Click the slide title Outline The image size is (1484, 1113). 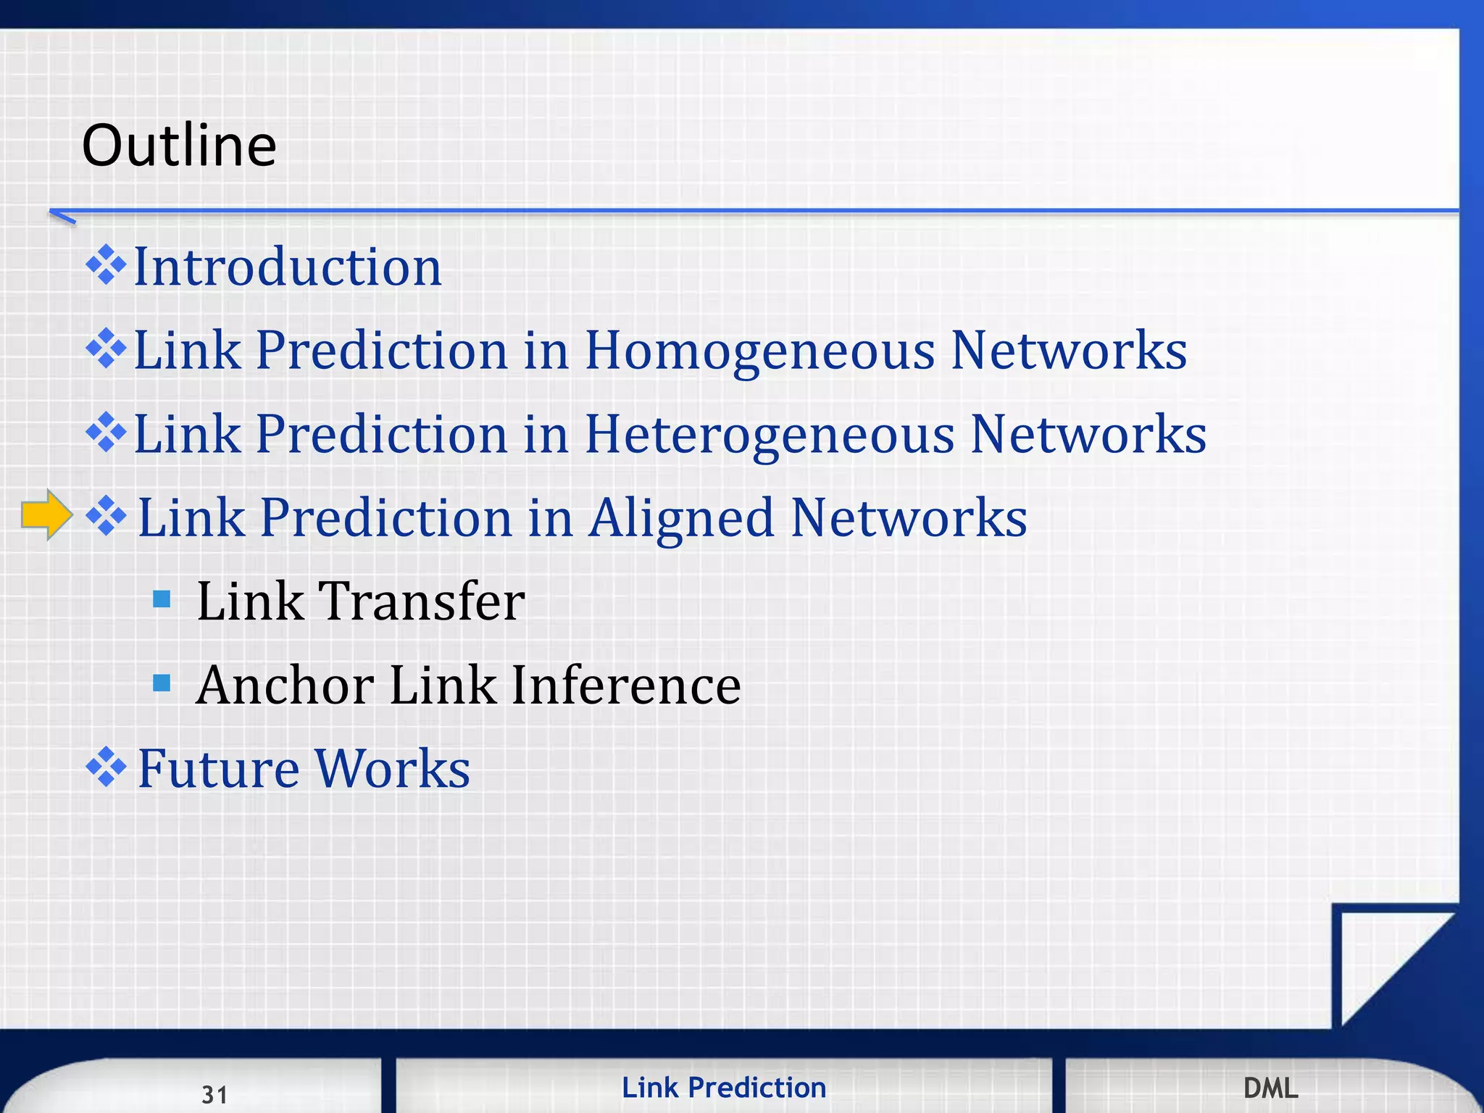(x=179, y=145)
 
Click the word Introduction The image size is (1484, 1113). (x=288, y=267)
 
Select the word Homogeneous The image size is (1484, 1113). (x=759, y=351)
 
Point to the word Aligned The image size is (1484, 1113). (x=680, y=519)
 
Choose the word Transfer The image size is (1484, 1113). (x=422, y=601)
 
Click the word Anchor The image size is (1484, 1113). (x=285, y=685)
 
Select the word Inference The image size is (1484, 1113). (x=625, y=685)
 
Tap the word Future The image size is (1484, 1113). (x=218, y=769)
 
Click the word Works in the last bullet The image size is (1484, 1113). (x=392, y=769)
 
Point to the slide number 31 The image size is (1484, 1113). (x=214, y=1094)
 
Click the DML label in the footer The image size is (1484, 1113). (x=1270, y=1088)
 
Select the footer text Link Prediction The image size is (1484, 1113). (x=724, y=1088)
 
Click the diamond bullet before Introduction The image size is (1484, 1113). (x=106, y=265)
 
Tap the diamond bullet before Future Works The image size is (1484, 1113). (x=106, y=767)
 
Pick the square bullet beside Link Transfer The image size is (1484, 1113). (x=162, y=599)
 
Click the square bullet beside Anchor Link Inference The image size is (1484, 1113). (x=162, y=683)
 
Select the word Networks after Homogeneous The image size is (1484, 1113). (x=1069, y=351)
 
